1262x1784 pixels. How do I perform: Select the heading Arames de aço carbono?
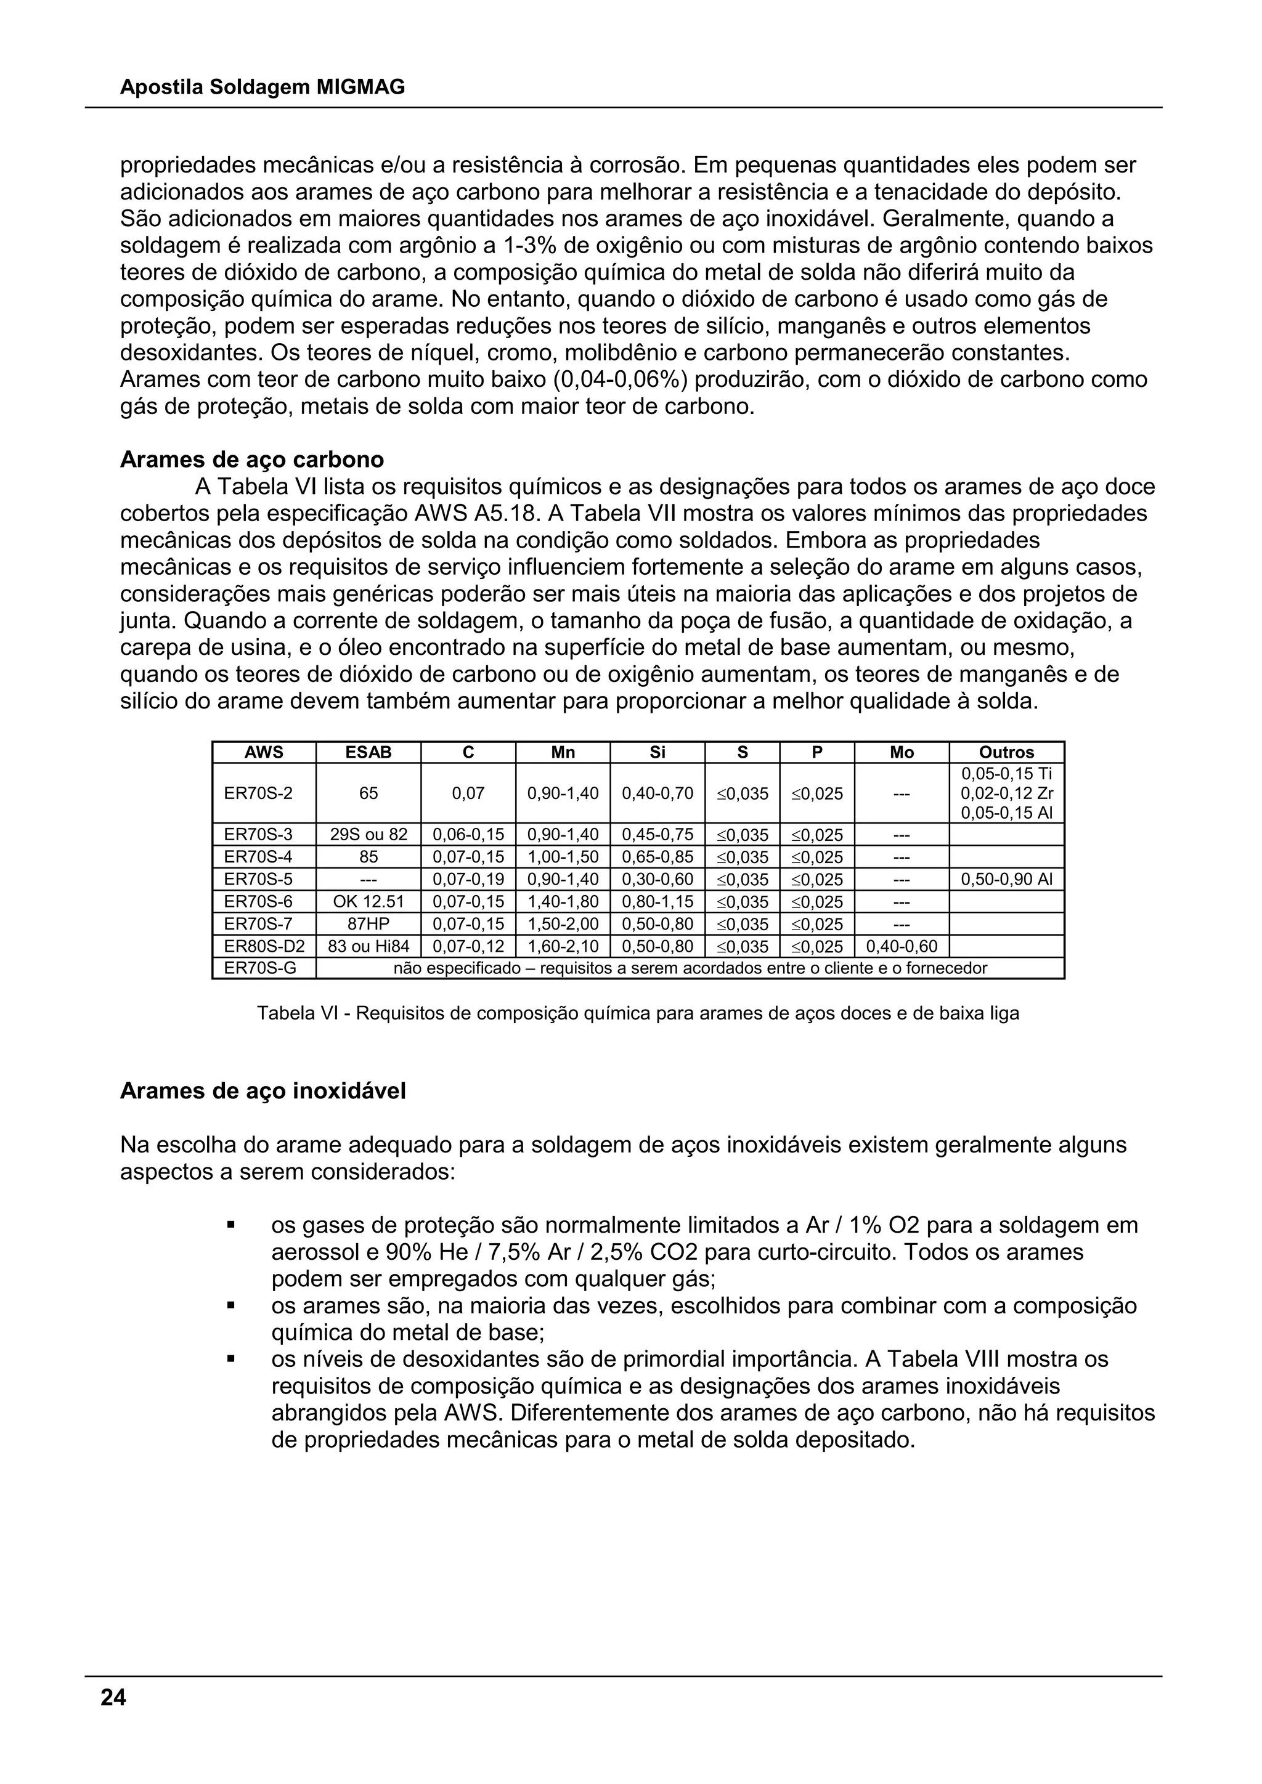[x=252, y=460]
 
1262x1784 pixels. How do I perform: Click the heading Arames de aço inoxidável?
[x=263, y=1091]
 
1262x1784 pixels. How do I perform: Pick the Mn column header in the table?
[x=563, y=752]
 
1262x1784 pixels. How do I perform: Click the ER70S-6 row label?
[x=258, y=901]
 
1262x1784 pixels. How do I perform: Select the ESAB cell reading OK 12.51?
[x=368, y=901]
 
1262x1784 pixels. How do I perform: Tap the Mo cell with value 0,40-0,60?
[x=901, y=946]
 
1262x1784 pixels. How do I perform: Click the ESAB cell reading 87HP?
[x=368, y=924]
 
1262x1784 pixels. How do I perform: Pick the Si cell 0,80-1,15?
[x=657, y=901]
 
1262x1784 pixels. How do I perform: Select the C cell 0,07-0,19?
[x=468, y=880]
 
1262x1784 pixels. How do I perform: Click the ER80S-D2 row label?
[x=264, y=946]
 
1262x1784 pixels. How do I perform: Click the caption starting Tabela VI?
[x=637, y=1013]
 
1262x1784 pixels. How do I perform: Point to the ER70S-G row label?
[x=259, y=968]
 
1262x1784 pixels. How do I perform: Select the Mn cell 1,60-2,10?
[x=563, y=946]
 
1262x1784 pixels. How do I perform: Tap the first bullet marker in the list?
[x=231, y=1225]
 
